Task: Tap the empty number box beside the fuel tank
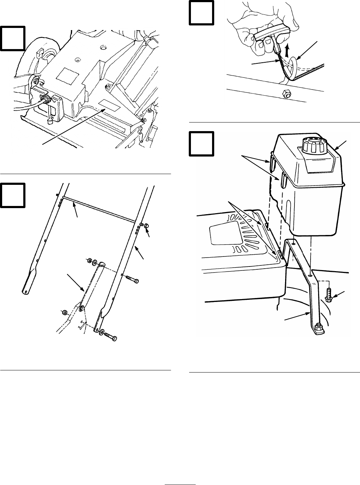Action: pos(201,144)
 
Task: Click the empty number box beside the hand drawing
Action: pos(201,13)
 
